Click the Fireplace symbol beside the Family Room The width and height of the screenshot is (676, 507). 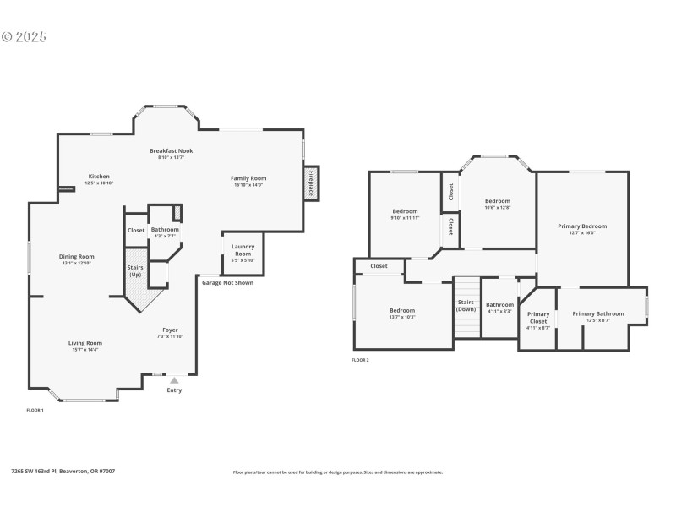[311, 182]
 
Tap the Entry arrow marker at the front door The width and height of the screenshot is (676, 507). [175, 381]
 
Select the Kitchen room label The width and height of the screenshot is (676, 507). [99, 177]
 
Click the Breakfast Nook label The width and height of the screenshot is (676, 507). [172, 150]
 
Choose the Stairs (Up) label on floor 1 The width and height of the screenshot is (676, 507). [135, 271]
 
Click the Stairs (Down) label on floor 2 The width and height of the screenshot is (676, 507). [466, 306]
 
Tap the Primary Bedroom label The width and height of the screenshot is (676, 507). [582, 226]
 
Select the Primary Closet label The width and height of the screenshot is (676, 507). [538, 318]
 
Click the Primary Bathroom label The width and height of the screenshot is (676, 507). [597, 313]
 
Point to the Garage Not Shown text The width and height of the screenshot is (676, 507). [227, 282]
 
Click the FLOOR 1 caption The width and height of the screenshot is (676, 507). [35, 410]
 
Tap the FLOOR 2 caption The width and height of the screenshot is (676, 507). [360, 360]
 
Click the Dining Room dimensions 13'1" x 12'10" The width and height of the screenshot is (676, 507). [76, 264]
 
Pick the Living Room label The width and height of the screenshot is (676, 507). [84, 342]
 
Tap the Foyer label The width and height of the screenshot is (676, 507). [170, 329]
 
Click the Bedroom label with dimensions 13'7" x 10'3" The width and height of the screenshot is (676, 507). [402, 310]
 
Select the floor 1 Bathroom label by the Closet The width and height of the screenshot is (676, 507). [165, 230]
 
